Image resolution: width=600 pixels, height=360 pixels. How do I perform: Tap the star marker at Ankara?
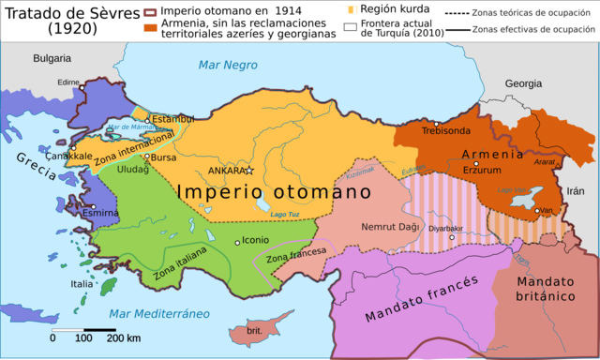pyautogui.click(x=249, y=170)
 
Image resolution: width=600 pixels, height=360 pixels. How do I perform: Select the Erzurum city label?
pyautogui.click(x=482, y=171)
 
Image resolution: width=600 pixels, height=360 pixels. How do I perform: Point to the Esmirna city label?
pyautogui.click(x=99, y=213)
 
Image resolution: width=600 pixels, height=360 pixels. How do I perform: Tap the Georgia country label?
pyautogui.click(x=523, y=83)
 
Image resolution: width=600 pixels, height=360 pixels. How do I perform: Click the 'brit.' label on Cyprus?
pyautogui.click(x=253, y=331)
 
